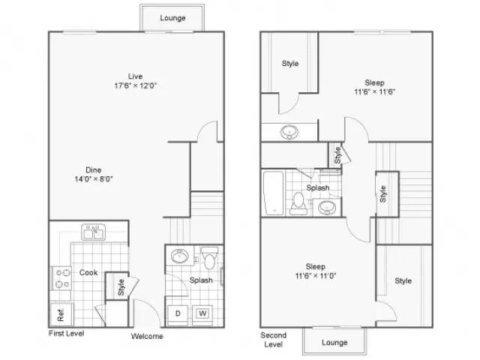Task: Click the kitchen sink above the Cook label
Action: pyautogui.click(x=94, y=232)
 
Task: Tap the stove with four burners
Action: pyautogui.click(x=62, y=278)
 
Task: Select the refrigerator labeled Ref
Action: pyautogui.click(x=61, y=315)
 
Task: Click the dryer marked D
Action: pyautogui.click(x=178, y=314)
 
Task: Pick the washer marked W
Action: pyautogui.click(x=202, y=314)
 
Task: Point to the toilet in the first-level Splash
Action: pyautogui.click(x=210, y=258)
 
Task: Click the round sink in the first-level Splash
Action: pyautogui.click(x=180, y=256)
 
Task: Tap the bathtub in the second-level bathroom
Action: pyautogui.click(x=273, y=193)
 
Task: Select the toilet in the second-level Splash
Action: pyautogui.click(x=298, y=204)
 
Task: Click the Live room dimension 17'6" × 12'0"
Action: pyautogui.click(x=135, y=85)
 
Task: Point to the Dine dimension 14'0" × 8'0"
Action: pyautogui.click(x=94, y=178)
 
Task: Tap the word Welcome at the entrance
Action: pyautogui.click(x=147, y=336)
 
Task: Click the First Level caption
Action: pyautogui.click(x=67, y=333)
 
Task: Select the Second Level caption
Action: pyautogui.click(x=273, y=340)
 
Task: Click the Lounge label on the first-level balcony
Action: pyautogui.click(x=172, y=18)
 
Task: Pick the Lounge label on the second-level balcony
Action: pyautogui.click(x=334, y=343)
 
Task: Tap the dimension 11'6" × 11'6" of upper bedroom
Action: pyautogui.click(x=375, y=91)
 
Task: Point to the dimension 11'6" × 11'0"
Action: pyautogui.click(x=316, y=275)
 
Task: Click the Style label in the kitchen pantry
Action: pyautogui.click(x=121, y=287)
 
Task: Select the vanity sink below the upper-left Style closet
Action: pyautogui.click(x=289, y=132)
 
